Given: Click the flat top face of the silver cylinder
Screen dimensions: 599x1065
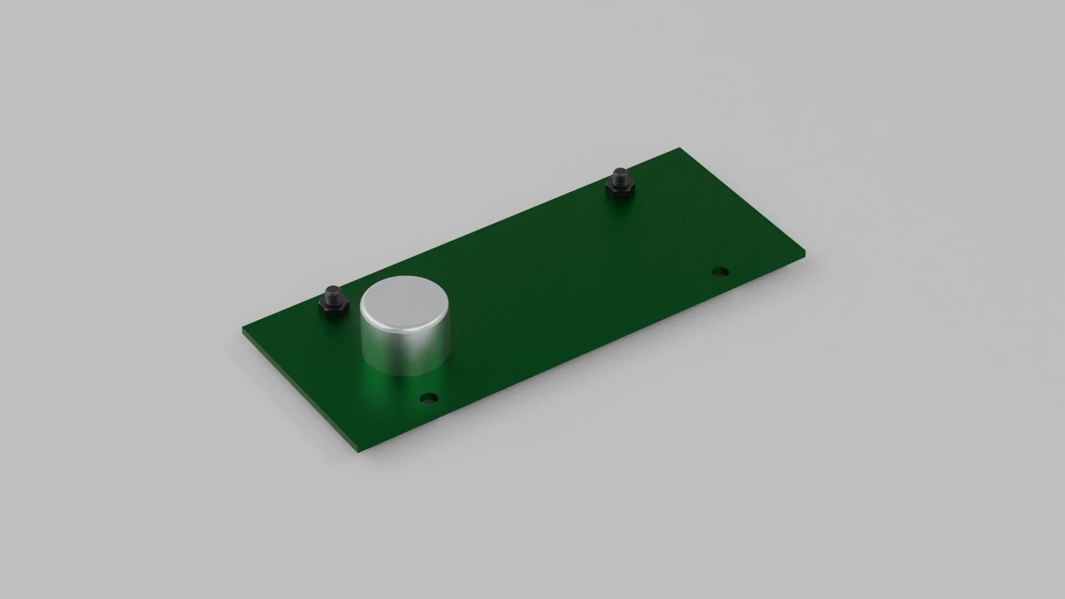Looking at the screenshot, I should pyautogui.click(x=404, y=303).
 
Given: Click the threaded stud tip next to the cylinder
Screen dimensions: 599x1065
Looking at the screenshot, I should pyautogui.click(x=333, y=291).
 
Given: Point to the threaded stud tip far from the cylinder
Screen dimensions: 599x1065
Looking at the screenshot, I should pyautogui.click(x=619, y=173).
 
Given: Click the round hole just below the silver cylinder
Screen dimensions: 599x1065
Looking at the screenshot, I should pyautogui.click(x=429, y=398).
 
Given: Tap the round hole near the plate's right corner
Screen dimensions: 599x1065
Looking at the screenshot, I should pyautogui.click(x=720, y=272).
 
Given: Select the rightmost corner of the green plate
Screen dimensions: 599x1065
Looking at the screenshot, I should pyautogui.click(x=804, y=253).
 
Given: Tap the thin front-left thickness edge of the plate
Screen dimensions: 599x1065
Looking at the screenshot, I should pyautogui.click(x=300, y=392).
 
